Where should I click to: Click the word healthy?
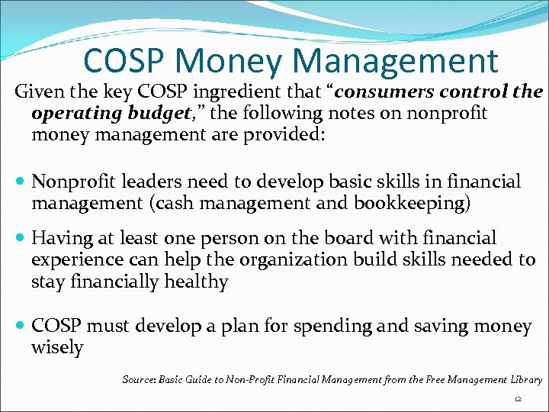point(197,282)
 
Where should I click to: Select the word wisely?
point(57,348)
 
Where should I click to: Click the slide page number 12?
point(518,399)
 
